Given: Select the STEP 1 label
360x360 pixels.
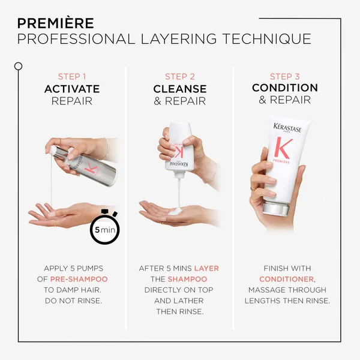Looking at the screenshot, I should (x=72, y=76).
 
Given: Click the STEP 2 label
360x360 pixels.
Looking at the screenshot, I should (x=179, y=76).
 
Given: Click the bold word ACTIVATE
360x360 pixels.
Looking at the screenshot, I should (x=72, y=89).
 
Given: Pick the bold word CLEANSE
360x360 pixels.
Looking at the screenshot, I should (x=179, y=89).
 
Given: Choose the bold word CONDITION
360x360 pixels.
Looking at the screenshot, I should (x=285, y=88).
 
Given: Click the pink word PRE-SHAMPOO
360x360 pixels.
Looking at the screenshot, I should (x=78, y=280).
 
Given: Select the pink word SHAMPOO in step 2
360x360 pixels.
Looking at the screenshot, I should (x=188, y=280).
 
